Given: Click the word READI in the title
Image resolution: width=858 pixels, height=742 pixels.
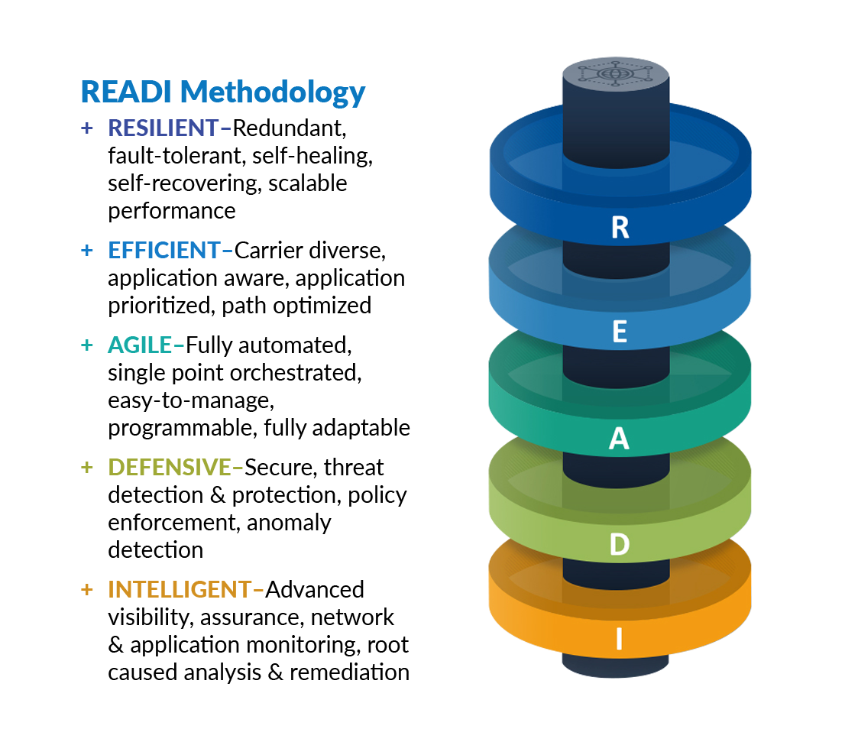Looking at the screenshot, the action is click(126, 92).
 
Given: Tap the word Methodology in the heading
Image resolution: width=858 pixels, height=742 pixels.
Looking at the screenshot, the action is click(273, 93).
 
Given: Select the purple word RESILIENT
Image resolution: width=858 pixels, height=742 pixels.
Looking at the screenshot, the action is click(163, 128).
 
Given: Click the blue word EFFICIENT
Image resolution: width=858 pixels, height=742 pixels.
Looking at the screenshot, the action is click(164, 251).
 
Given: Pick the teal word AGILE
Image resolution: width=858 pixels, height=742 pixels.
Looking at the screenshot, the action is click(140, 345).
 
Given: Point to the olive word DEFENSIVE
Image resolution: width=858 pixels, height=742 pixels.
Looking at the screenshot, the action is click(169, 468).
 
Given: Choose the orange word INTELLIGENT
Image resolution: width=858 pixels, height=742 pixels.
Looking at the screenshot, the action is click(180, 590).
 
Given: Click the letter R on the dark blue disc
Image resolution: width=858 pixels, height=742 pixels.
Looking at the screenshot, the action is click(620, 227).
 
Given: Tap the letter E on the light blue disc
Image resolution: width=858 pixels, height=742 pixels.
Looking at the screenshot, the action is click(620, 332).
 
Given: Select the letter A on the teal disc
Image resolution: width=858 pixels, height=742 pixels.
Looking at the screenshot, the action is click(619, 439).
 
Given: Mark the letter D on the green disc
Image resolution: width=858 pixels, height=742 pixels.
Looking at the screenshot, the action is click(620, 544).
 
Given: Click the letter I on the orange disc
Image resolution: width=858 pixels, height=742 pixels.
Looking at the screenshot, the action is click(619, 639).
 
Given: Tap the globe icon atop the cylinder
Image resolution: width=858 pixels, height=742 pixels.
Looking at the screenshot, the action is click(616, 73).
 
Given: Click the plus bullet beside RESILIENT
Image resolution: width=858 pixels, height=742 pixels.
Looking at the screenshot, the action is click(86, 128).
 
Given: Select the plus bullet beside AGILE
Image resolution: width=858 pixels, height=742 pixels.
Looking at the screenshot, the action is click(86, 345).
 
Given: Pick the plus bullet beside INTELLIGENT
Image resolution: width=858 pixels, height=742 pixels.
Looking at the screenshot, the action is click(86, 590).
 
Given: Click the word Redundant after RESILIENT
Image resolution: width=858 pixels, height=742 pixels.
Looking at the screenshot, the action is click(290, 128).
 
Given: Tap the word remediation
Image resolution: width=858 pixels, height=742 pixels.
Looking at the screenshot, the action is click(349, 672).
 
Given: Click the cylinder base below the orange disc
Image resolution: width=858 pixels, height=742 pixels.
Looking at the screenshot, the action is click(616, 665).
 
